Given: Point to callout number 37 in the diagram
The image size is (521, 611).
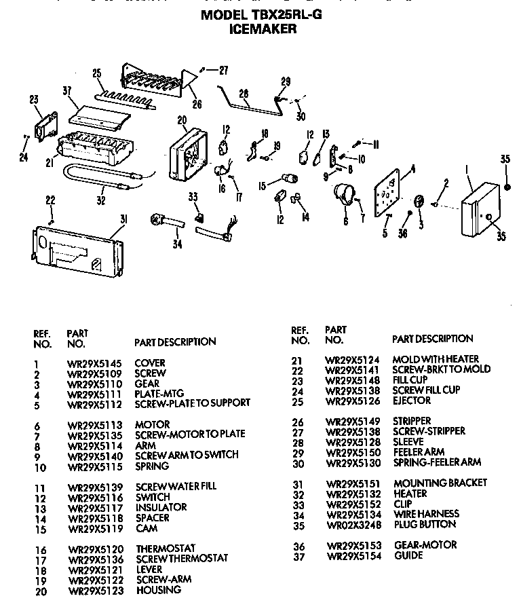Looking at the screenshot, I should click(x=66, y=91).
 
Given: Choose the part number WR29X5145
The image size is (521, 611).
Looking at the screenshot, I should click(x=95, y=363).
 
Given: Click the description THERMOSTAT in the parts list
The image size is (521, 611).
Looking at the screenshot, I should click(x=166, y=548).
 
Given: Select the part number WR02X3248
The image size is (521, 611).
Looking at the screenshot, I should click(x=352, y=524).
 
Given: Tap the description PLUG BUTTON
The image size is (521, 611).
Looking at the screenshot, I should click(x=425, y=524).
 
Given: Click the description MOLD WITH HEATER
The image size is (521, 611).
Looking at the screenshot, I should click(x=440, y=358).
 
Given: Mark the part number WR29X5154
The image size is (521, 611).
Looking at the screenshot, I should click(x=352, y=555).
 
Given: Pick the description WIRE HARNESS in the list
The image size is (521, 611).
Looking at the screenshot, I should click(x=426, y=514).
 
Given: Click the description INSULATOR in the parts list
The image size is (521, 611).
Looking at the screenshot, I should click(x=161, y=507).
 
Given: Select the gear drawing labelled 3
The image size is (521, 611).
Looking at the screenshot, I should click(x=419, y=202).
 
